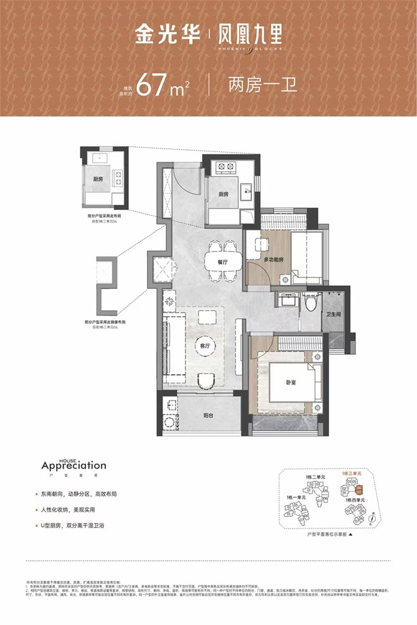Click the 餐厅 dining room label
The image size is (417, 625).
pos(223,262)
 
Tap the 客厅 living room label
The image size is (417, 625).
pos(205,346)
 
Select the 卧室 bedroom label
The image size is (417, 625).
pos(291,382)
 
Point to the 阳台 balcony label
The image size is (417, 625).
pos(208,415)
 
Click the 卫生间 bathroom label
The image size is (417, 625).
pos(334,314)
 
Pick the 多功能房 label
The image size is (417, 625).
pos(274,260)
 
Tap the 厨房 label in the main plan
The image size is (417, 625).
pos(224,194)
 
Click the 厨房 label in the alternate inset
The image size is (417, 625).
pos(98,179)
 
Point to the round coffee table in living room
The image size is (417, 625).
pos(205,346)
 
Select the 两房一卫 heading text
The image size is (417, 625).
pos(262,85)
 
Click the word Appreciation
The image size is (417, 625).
pos(74,466)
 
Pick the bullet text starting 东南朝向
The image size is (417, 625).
pos(79,494)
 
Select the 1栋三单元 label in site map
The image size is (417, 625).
pos(352,474)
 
